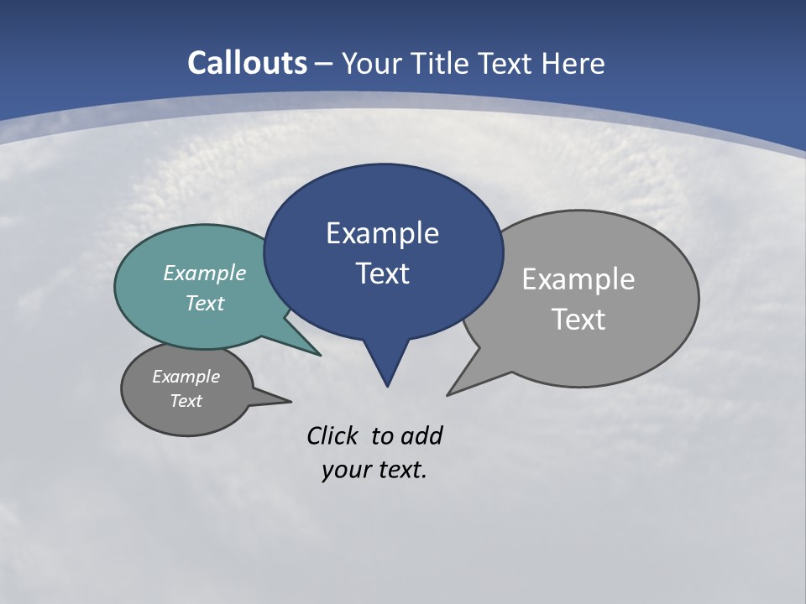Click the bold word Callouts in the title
pyautogui.click(x=248, y=64)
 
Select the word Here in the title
pyautogui.click(x=573, y=64)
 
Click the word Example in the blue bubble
pyautogui.click(x=382, y=233)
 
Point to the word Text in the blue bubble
pyautogui.click(x=382, y=273)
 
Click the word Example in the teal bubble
pyautogui.click(x=205, y=273)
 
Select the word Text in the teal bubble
pyautogui.click(x=205, y=303)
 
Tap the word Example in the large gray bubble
pyautogui.click(x=578, y=279)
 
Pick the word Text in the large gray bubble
pyautogui.click(x=578, y=320)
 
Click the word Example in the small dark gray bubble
pyautogui.click(x=186, y=377)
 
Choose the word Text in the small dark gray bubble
pyautogui.click(x=186, y=401)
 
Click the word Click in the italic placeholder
pyautogui.click(x=334, y=436)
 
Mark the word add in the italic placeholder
pyautogui.click(x=421, y=436)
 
